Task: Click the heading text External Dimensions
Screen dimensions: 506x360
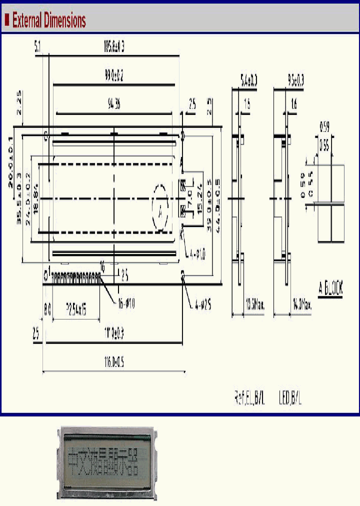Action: tap(49, 20)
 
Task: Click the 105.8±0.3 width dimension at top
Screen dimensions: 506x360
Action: tap(114, 47)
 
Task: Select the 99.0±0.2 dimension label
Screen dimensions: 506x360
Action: tap(114, 76)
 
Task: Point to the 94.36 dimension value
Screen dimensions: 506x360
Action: tap(113, 104)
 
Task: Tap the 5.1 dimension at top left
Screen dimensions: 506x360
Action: tap(37, 47)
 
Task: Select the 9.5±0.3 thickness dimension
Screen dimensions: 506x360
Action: tap(296, 78)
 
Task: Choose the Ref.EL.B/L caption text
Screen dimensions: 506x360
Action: tap(249, 398)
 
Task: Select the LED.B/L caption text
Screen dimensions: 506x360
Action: tap(290, 398)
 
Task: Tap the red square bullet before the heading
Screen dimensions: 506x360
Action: tap(7, 20)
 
